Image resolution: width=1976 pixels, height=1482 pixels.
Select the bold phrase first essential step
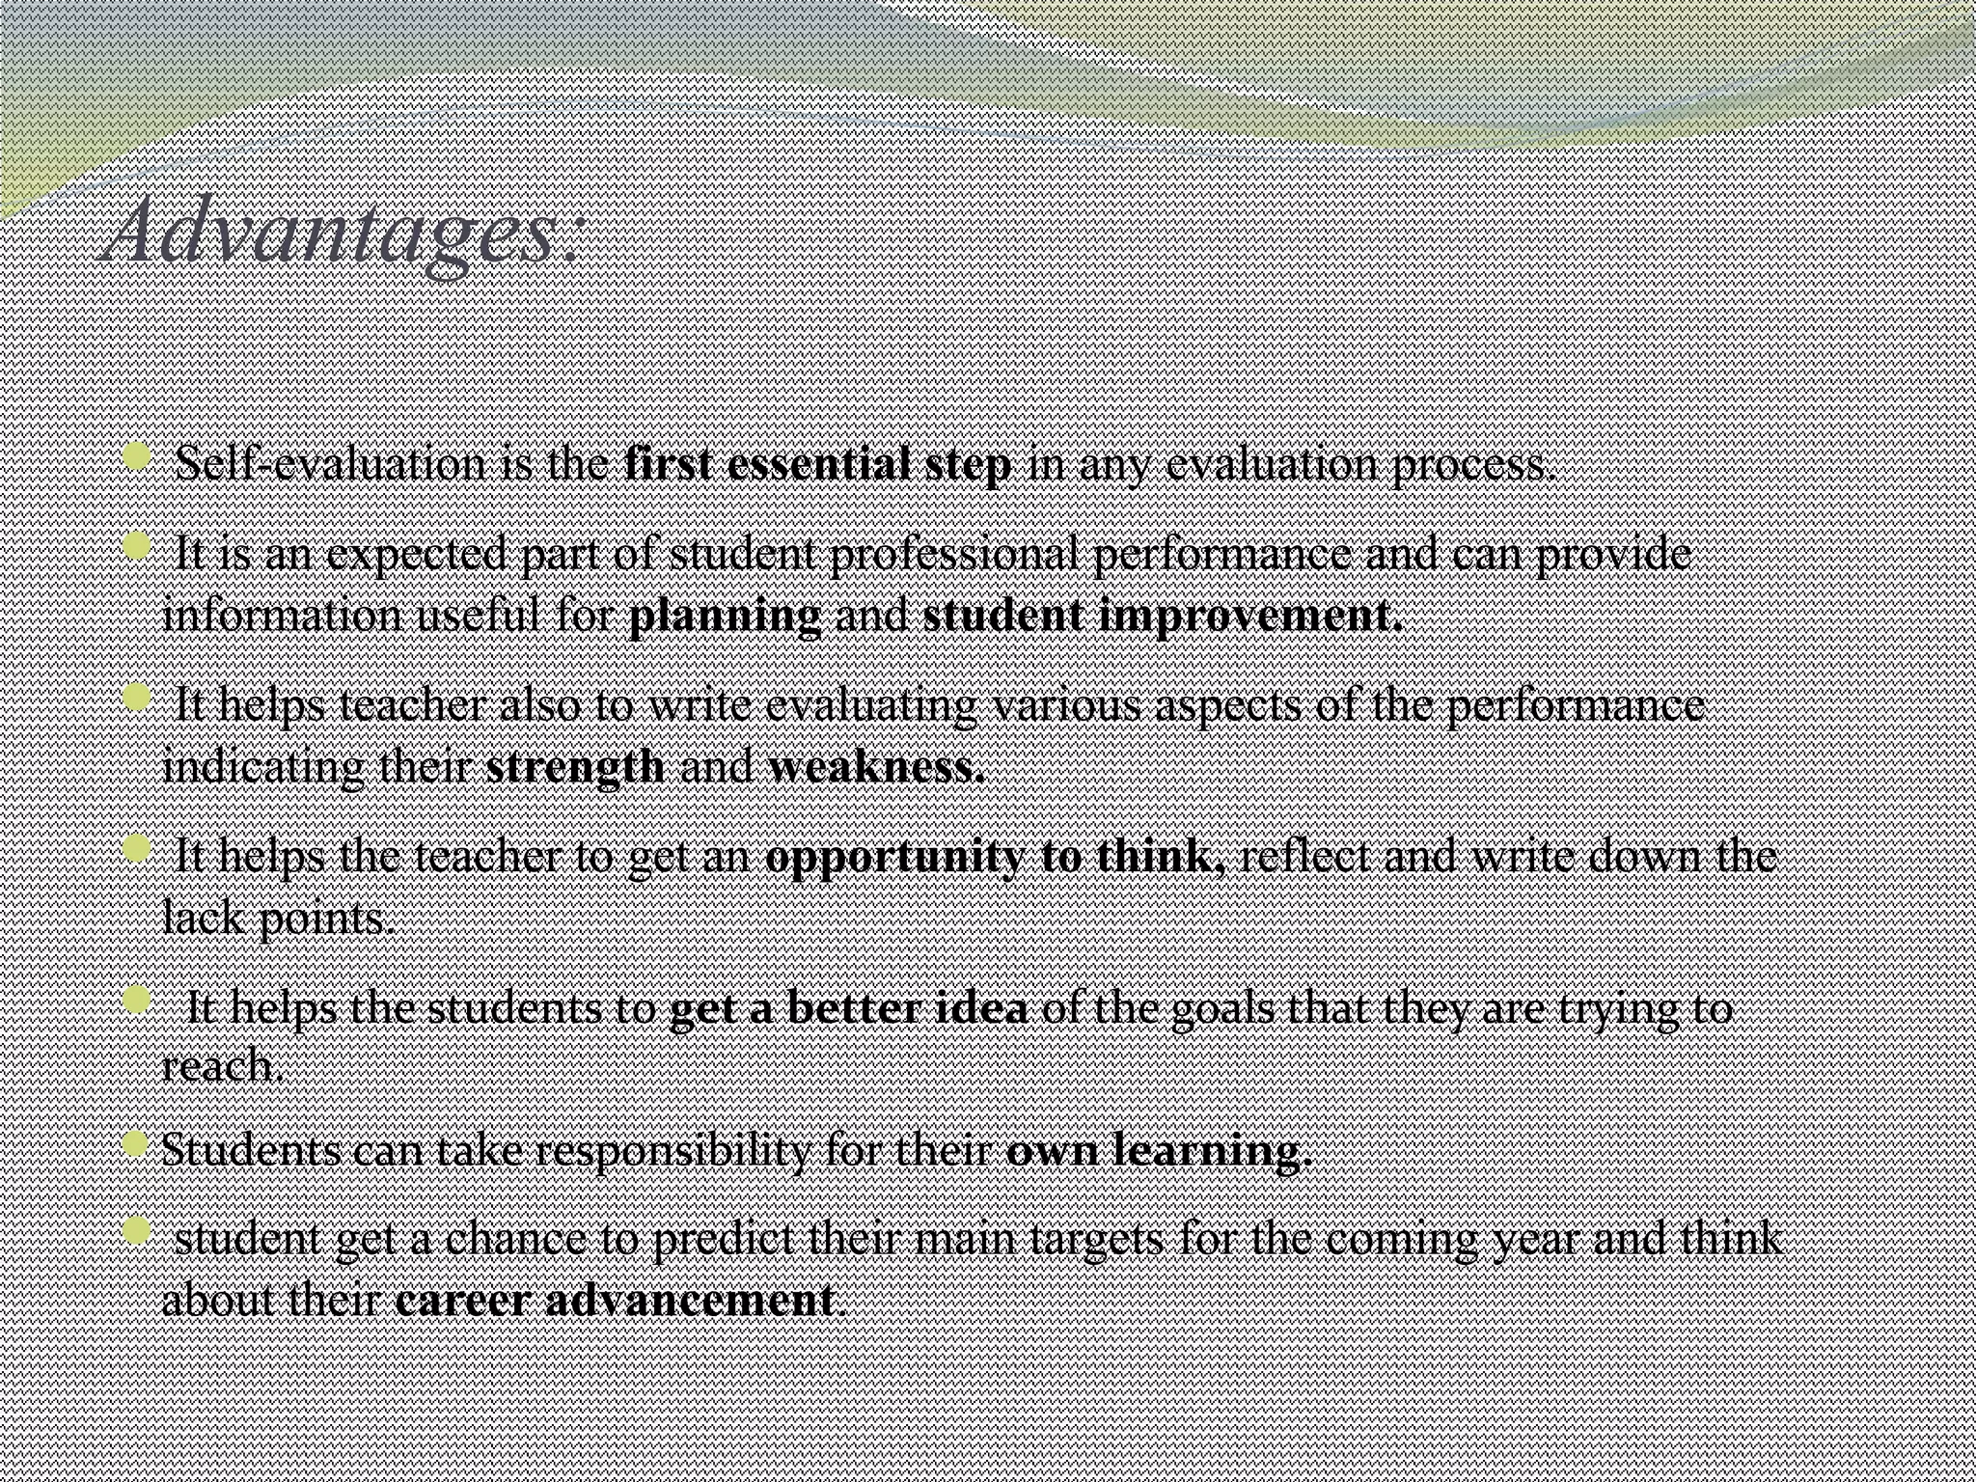(x=818, y=465)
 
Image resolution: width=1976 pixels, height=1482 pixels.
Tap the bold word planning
(x=725, y=617)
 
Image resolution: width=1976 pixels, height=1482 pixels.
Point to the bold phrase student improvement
(x=1163, y=617)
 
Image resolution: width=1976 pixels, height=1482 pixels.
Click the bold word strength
(x=575, y=767)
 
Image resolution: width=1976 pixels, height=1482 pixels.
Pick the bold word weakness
(x=876, y=767)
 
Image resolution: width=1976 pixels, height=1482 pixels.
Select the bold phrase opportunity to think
(x=994, y=857)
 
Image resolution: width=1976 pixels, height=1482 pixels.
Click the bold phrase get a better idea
(x=848, y=1009)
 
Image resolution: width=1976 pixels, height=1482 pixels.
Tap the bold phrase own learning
(x=1159, y=1150)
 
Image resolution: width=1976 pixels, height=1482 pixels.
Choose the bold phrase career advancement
(x=615, y=1301)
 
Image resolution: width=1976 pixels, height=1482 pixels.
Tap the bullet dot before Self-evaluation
(x=138, y=457)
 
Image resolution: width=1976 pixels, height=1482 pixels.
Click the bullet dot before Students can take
(x=138, y=1144)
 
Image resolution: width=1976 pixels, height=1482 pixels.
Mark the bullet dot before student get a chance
(x=138, y=1231)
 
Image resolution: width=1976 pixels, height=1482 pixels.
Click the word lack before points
(x=201, y=917)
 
